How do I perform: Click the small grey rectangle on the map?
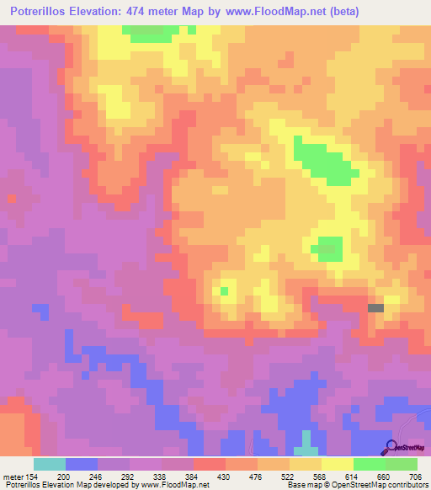point(375,308)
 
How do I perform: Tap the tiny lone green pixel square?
point(224,291)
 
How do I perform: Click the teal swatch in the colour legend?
point(49,464)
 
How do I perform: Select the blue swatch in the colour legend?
point(81,464)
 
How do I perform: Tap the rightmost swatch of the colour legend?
point(401,464)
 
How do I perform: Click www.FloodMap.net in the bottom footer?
point(176,486)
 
